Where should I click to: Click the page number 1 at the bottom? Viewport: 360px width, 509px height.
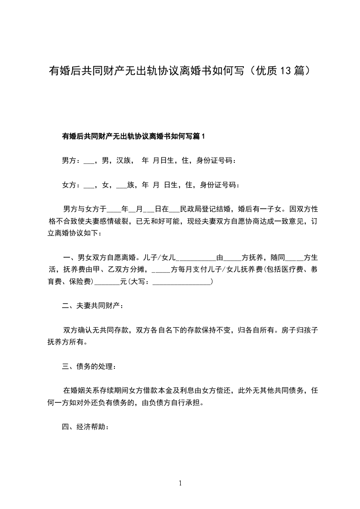point(180,483)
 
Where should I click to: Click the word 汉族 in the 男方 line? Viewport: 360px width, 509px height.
point(124,160)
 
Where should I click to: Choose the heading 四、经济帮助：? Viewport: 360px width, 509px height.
point(85,427)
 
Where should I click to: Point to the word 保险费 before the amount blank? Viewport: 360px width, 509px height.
point(79,282)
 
